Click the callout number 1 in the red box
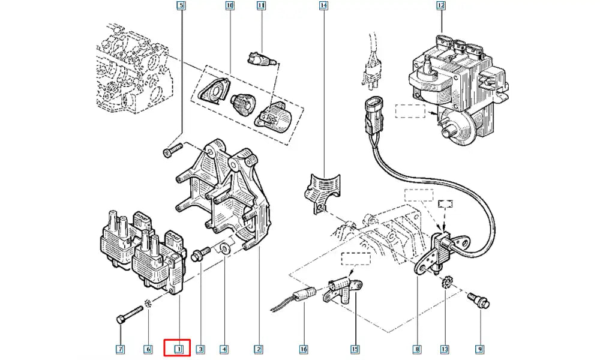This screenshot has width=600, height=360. pyautogui.click(x=178, y=348)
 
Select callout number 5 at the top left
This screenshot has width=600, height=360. pyautogui.click(x=182, y=7)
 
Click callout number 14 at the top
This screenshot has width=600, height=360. pyautogui.click(x=324, y=7)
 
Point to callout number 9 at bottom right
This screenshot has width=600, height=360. pyautogui.click(x=479, y=349)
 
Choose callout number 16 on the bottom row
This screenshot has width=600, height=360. pyautogui.click(x=304, y=349)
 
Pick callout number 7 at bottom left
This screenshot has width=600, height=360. pyautogui.click(x=121, y=349)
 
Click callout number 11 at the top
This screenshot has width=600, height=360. pyautogui.click(x=261, y=7)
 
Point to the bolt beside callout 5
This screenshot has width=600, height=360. pyautogui.click(x=173, y=148)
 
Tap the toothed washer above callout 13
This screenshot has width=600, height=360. pyautogui.click(x=446, y=282)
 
